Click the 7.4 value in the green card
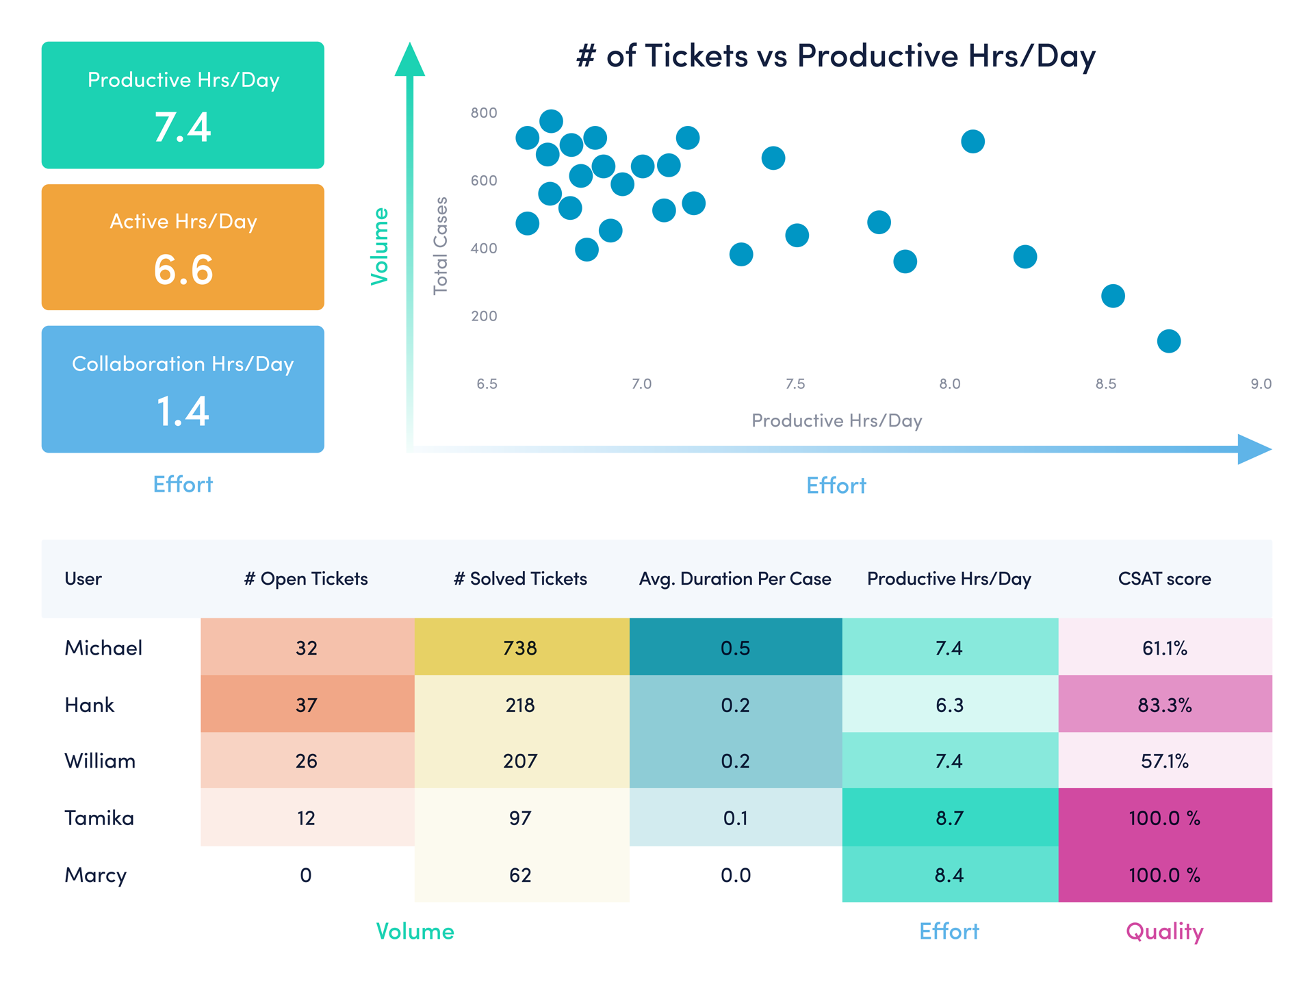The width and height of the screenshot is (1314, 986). coord(183,127)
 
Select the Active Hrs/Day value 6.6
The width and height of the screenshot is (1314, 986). coord(183,269)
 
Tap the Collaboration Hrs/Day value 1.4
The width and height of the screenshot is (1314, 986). coord(183,411)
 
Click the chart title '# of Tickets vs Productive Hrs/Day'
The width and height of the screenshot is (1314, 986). coord(836,55)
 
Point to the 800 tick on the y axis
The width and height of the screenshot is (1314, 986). coord(484,113)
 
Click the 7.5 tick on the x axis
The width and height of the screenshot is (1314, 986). coord(795,384)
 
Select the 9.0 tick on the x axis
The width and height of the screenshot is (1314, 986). coord(1261,384)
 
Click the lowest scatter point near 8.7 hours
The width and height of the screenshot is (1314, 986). coord(1168,341)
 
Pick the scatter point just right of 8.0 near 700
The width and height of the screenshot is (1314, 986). coord(972,142)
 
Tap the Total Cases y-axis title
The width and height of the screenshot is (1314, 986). coord(441,246)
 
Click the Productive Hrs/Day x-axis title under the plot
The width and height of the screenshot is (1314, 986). coord(836,420)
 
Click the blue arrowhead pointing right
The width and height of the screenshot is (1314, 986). coord(1254,449)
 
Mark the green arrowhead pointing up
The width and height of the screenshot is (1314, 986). coord(410,60)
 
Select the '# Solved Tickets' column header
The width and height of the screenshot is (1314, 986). coord(520,579)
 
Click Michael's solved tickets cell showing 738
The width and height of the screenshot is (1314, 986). coord(520,648)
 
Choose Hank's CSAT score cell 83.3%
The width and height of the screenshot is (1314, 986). coord(1164,705)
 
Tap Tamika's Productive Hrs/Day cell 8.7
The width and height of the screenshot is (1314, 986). coord(949,818)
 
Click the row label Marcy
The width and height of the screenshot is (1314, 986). coord(96,875)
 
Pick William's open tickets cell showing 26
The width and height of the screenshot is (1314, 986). coord(306,761)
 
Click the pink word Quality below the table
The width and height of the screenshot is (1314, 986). coord(1164,931)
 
